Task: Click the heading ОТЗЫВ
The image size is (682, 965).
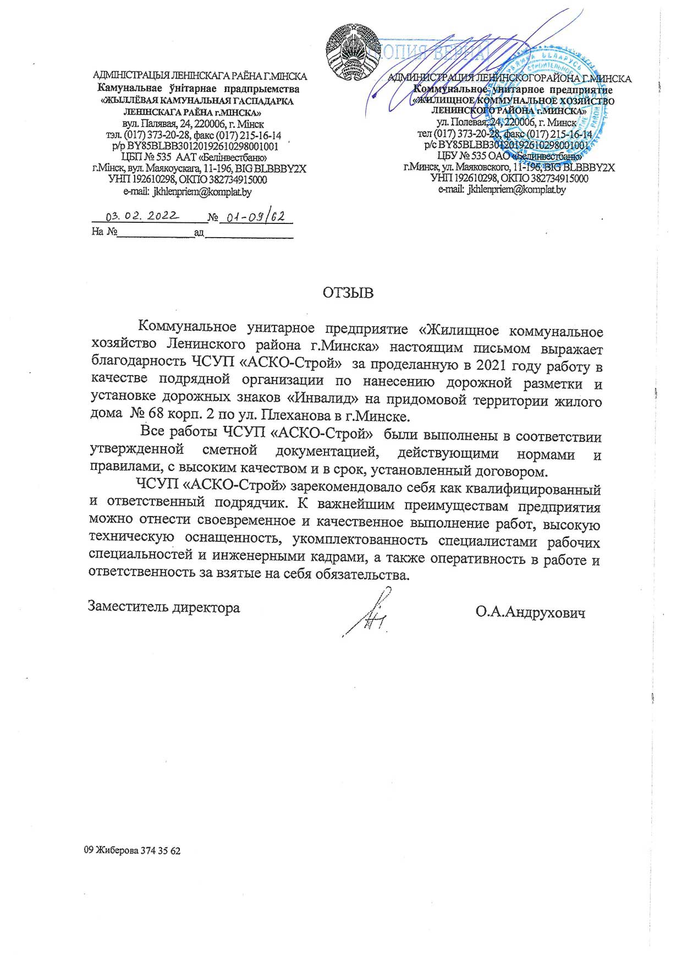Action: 348,293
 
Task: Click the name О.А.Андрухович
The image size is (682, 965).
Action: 530,612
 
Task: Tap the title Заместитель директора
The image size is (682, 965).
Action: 164,607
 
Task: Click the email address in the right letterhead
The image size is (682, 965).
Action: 516,190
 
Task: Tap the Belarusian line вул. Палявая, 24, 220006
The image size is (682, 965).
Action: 193,124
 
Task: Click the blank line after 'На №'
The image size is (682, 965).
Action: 156,233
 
